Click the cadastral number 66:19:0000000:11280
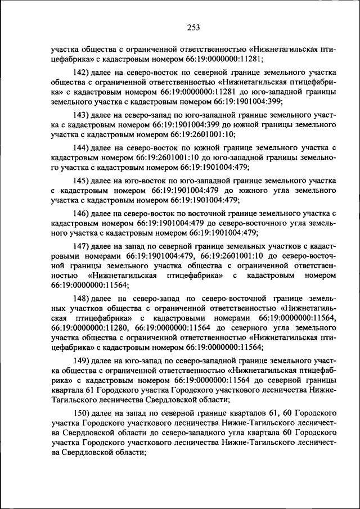click(91, 327)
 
